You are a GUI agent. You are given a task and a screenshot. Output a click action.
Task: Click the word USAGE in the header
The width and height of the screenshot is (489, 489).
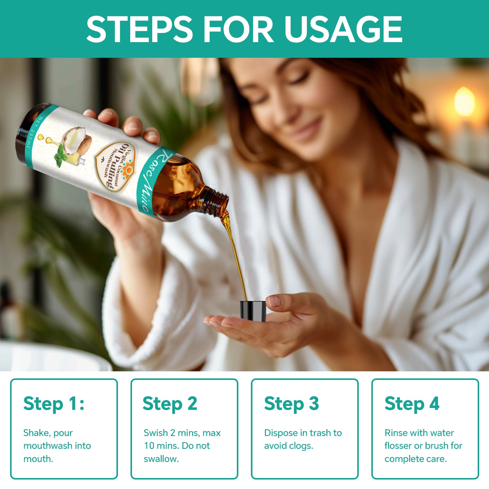coord(343,29)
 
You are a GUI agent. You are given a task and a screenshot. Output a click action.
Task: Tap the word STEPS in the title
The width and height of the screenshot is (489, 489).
coord(139,29)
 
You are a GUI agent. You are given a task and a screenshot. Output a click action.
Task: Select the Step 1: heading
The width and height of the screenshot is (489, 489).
coord(54,404)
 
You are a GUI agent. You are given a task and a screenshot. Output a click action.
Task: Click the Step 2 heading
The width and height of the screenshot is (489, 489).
coord(170,404)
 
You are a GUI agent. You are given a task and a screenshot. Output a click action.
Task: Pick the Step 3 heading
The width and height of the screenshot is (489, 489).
coord(292,404)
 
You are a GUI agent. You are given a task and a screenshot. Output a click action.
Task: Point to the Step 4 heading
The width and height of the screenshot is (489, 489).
coord(412,404)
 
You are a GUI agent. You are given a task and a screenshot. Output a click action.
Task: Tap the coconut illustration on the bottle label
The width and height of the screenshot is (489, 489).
coord(77,141)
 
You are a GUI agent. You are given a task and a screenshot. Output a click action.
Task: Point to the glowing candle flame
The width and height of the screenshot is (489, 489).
coord(465,101)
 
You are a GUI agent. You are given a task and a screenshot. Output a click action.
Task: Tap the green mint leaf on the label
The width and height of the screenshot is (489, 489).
coord(61,156)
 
